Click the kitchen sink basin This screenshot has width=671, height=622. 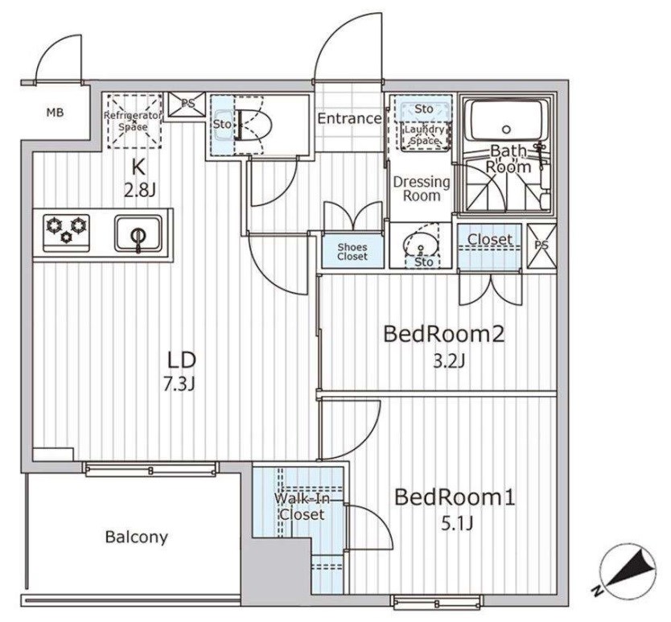[x=138, y=233]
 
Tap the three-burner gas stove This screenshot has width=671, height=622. [x=67, y=233]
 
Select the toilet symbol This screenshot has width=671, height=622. [x=253, y=126]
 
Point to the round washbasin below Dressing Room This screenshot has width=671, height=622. [x=421, y=245]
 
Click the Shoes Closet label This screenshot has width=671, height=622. [x=352, y=252]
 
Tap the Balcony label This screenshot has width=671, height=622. [x=137, y=537]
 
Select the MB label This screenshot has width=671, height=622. [x=56, y=113]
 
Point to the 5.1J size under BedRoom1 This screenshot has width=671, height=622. [x=457, y=523]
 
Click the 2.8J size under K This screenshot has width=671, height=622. [x=139, y=191]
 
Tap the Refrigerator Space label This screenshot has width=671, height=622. [x=134, y=121]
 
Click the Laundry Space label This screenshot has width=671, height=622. [x=425, y=134]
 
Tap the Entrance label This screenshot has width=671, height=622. [x=350, y=118]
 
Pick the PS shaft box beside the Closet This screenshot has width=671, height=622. [x=541, y=245]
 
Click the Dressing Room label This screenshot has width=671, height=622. [x=422, y=189]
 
